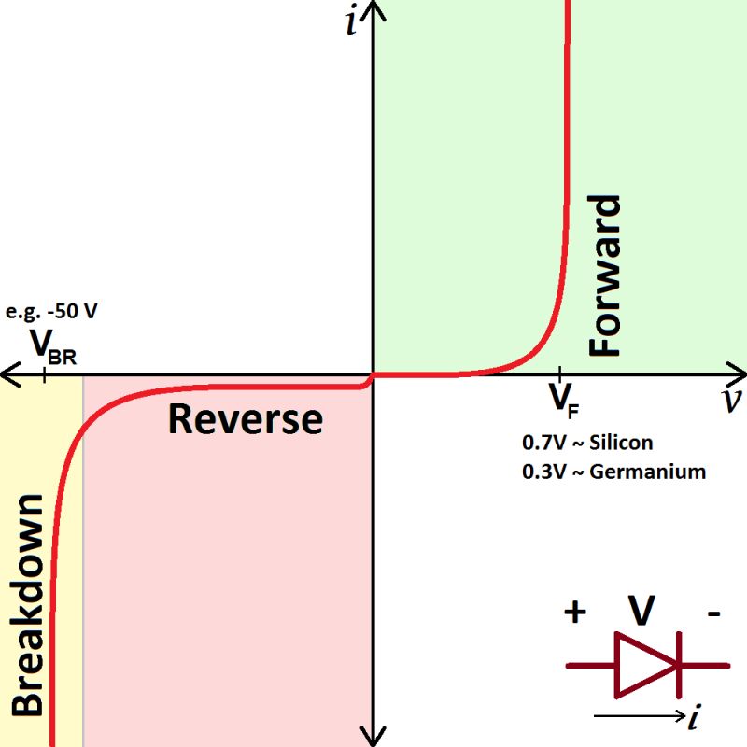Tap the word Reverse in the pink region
tap(246, 419)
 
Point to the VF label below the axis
tap(563, 399)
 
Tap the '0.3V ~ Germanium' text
tap(613, 471)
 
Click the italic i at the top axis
tap(351, 21)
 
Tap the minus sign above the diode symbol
tap(714, 614)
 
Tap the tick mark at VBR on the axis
tap(45, 373)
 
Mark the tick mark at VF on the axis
tap(559, 373)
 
